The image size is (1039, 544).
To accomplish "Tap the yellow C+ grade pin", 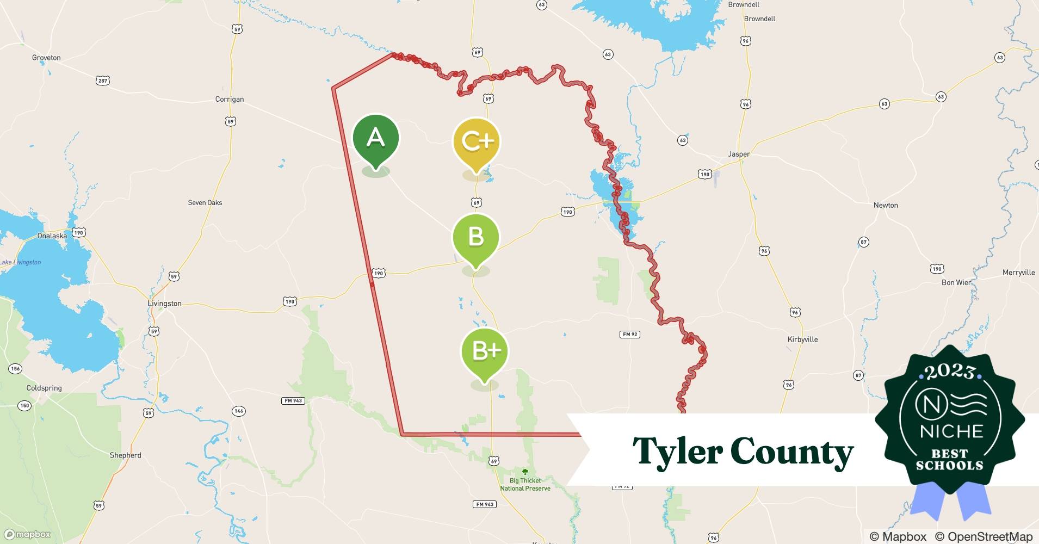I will [x=477, y=141].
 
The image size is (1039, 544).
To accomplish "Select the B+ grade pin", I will [x=484, y=351].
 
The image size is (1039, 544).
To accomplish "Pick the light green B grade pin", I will [x=475, y=237].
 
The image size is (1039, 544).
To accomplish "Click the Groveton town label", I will [x=46, y=58].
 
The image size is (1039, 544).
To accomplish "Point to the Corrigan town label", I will [x=229, y=99].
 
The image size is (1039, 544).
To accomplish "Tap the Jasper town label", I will [x=739, y=154].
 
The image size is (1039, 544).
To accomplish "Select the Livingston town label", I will [x=164, y=304].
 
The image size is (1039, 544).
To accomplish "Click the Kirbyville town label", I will [x=802, y=339].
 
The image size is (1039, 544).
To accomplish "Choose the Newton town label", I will [x=885, y=205].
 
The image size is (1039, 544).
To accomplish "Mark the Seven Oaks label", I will [x=205, y=202].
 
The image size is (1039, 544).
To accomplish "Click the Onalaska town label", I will [x=52, y=236].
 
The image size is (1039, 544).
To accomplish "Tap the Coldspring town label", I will [x=44, y=388].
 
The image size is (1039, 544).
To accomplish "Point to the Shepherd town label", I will [x=125, y=455].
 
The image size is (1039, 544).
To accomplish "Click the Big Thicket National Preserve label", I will [x=525, y=484].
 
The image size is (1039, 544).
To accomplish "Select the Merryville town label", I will [x=1018, y=273].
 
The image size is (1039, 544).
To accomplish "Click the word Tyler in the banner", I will [x=677, y=452].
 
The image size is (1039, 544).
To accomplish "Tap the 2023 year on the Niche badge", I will [x=949, y=372].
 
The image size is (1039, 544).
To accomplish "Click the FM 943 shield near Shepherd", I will [x=293, y=401].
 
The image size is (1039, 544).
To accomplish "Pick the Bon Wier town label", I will [x=956, y=282].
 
